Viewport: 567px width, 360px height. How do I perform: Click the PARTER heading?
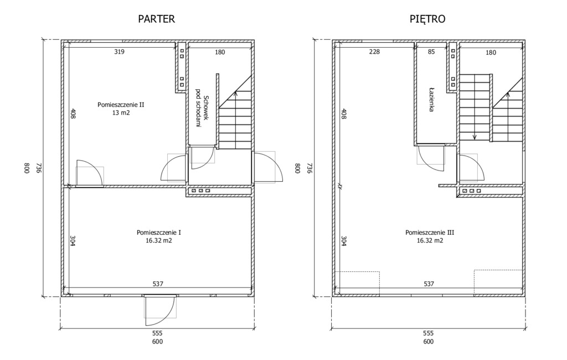coord(156,19)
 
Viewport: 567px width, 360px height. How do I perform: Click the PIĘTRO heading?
coord(427,19)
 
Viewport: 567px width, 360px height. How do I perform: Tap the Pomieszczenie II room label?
coord(121,105)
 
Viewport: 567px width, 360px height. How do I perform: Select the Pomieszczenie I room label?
coord(159,232)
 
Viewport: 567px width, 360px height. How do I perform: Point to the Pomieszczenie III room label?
coord(430,232)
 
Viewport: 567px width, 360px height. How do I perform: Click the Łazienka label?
coord(431,99)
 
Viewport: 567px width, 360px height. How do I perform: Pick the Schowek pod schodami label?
coord(202,111)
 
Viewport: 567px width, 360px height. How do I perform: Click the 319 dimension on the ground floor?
coord(120,52)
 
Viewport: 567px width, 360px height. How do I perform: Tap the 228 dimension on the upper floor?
coord(375,52)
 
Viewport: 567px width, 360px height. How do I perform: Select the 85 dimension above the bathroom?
coord(431,52)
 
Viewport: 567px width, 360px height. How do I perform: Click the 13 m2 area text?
coord(121,113)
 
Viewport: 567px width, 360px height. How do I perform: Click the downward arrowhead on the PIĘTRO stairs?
coord(475,137)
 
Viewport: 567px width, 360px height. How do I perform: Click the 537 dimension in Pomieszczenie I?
coord(158,284)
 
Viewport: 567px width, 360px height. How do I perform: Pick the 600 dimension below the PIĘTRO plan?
coord(428,342)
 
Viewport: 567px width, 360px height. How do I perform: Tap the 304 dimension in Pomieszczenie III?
coord(343,240)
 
